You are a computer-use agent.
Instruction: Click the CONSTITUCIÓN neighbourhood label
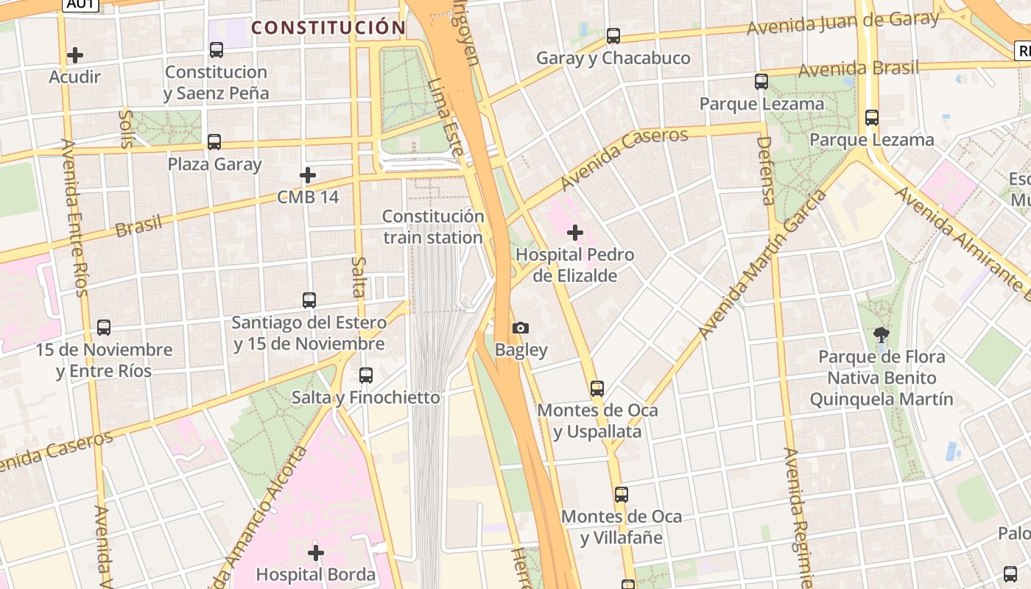coord(328,28)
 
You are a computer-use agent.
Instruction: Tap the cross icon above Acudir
coord(74,55)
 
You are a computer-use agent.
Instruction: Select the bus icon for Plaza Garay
coord(214,142)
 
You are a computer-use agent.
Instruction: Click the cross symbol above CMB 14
coord(308,175)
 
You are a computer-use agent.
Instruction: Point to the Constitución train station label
coord(433,227)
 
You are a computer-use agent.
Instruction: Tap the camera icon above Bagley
coord(521,328)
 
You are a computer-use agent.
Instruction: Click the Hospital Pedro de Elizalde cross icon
coord(575,233)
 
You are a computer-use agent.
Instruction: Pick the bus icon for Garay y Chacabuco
coord(613,35)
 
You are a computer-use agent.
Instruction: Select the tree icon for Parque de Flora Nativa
coord(881,335)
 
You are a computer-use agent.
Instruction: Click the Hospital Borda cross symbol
coord(316,552)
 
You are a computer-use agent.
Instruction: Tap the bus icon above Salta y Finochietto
coord(366,375)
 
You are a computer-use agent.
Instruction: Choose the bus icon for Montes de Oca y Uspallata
coord(597,388)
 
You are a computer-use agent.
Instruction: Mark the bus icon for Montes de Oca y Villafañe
coord(622,495)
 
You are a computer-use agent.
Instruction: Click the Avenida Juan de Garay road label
coord(842,23)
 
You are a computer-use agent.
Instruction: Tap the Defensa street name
coord(766,170)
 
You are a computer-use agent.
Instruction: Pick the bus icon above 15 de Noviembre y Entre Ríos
coord(104,328)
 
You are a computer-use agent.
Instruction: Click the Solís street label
coord(126,129)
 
